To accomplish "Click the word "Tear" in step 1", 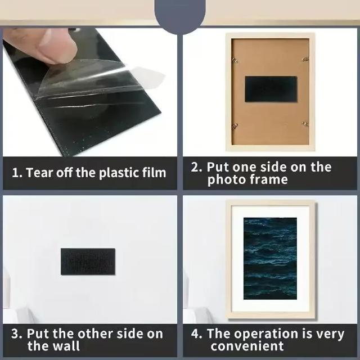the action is (x=38, y=173).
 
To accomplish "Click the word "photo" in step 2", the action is (x=226, y=180).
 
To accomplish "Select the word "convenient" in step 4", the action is (x=247, y=346).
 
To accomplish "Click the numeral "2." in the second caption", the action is (x=196, y=167).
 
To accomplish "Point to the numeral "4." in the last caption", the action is (x=197, y=334).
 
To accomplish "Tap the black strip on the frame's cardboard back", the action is (x=271, y=89).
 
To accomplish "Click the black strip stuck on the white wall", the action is (x=88, y=261).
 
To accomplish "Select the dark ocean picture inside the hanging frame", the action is (x=270, y=259).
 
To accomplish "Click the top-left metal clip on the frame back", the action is (x=235, y=60).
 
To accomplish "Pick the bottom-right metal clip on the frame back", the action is (x=305, y=124).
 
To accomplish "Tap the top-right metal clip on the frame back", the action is (x=305, y=60).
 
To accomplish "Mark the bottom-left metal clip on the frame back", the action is (x=235, y=126).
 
